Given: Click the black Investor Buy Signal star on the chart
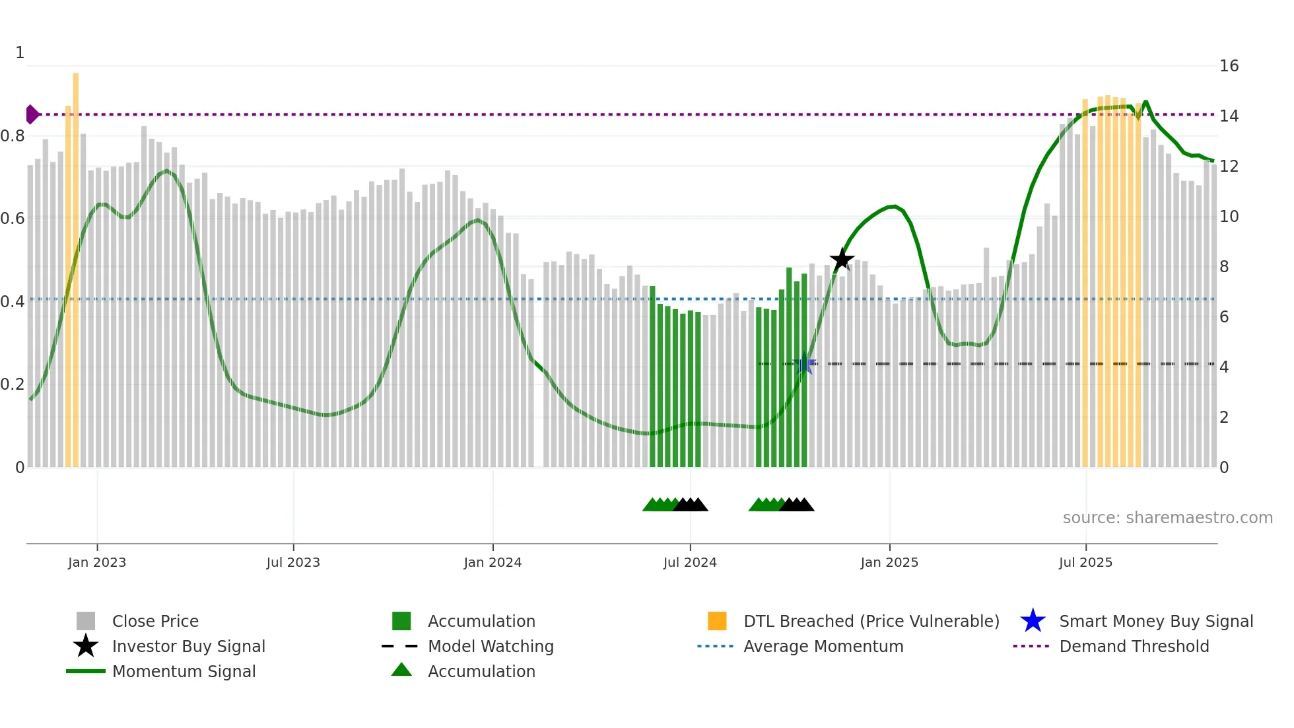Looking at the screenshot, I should pyautogui.click(x=842, y=260).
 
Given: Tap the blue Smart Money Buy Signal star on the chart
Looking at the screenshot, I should pyautogui.click(x=804, y=365).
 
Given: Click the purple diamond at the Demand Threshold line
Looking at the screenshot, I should pyautogui.click(x=32, y=114).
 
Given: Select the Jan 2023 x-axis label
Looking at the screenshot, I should pyautogui.click(x=97, y=562).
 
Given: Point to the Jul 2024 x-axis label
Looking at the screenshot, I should pyautogui.click(x=690, y=562).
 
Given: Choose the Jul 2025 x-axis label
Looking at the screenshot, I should pyautogui.click(x=1085, y=562).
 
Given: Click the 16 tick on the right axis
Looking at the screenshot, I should pyautogui.click(x=1229, y=66).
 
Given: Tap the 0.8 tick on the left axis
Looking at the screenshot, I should pyautogui.click(x=13, y=136).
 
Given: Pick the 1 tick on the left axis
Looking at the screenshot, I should pyautogui.click(x=20, y=53).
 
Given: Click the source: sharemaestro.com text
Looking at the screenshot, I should pyautogui.click(x=1167, y=518).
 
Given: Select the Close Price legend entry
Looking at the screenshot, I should pyautogui.click(x=155, y=621).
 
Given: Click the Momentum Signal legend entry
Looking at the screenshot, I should pyautogui.click(x=184, y=671).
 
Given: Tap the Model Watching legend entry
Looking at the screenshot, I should pyautogui.click(x=491, y=646).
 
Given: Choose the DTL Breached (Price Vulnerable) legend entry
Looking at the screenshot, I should pyautogui.click(x=871, y=621).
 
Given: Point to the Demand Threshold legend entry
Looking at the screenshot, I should pyautogui.click(x=1134, y=646).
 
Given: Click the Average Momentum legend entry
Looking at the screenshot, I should pyautogui.click(x=823, y=646).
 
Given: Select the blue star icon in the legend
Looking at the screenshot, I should pyautogui.click(x=1033, y=621).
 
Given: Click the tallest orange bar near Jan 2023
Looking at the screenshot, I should pyautogui.click(x=76, y=264).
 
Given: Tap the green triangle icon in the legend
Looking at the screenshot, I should pyautogui.click(x=401, y=670).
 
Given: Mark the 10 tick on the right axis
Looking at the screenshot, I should pyautogui.click(x=1229, y=217).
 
